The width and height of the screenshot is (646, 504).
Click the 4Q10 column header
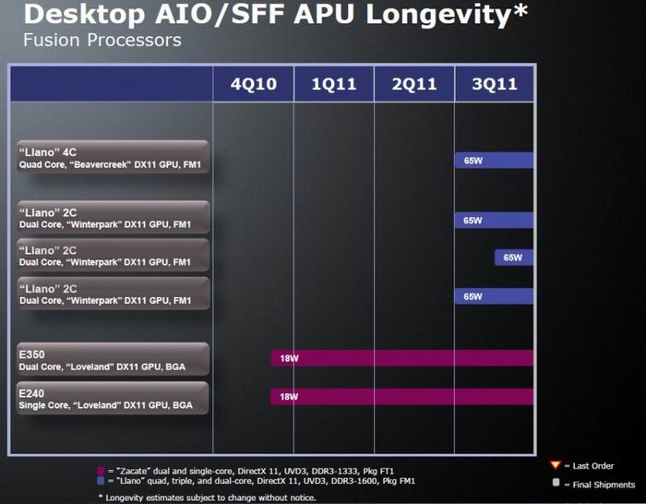253,84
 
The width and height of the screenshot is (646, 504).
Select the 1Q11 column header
334,84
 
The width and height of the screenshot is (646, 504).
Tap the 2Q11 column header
414,84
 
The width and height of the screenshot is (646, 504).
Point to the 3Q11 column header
495,84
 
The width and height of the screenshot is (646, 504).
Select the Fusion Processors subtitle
102,41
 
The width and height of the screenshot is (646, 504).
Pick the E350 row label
32,354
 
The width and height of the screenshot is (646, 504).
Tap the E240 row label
32,392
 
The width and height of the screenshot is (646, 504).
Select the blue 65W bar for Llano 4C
495,161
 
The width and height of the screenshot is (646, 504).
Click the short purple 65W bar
514,257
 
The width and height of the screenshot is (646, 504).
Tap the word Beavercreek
117,165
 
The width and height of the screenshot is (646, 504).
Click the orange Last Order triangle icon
555,464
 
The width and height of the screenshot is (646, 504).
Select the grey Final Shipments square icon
556,483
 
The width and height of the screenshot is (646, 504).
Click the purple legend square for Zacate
100,471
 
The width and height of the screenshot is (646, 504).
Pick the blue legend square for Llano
100,481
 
